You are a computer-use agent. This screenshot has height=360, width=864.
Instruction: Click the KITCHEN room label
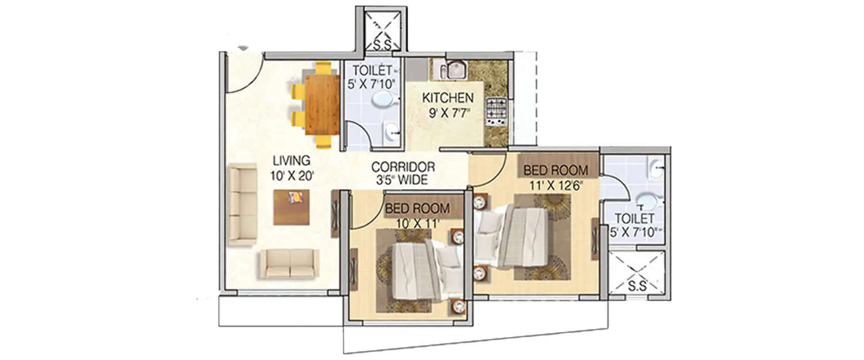pyautogui.click(x=448, y=97)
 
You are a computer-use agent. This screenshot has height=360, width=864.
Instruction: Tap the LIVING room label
pyautogui.click(x=291, y=160)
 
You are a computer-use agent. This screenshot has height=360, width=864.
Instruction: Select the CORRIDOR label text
pyautogui.click(x=403, y=167)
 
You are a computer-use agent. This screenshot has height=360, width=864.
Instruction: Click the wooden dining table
pyautogui.click(x=322, y=104)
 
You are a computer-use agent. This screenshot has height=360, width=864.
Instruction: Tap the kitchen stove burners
pyautogui.click(x=495, y=111)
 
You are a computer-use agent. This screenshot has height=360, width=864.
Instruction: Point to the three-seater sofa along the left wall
pyautogui.click(x=242, y=204)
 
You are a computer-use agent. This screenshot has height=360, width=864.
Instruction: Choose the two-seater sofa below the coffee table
pyautogui.click(x=289, y=264)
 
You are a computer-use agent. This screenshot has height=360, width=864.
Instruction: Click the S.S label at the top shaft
pyautogui.click(x=380, y=43)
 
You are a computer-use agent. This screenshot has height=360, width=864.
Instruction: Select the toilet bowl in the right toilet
pyautogui.click(x=649, y=201)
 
